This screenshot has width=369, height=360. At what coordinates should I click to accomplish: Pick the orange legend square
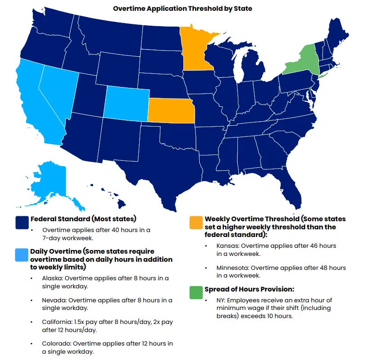pyautogui.click(x=196, y=223)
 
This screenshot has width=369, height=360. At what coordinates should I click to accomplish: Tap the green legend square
pyautogui.click(x=196, y=292)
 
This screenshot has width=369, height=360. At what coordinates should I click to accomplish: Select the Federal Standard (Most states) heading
pyautogui.click(x=83, y=219)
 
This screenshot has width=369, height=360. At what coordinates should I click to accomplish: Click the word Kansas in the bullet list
pyautogui.click(x=226, y=246)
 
